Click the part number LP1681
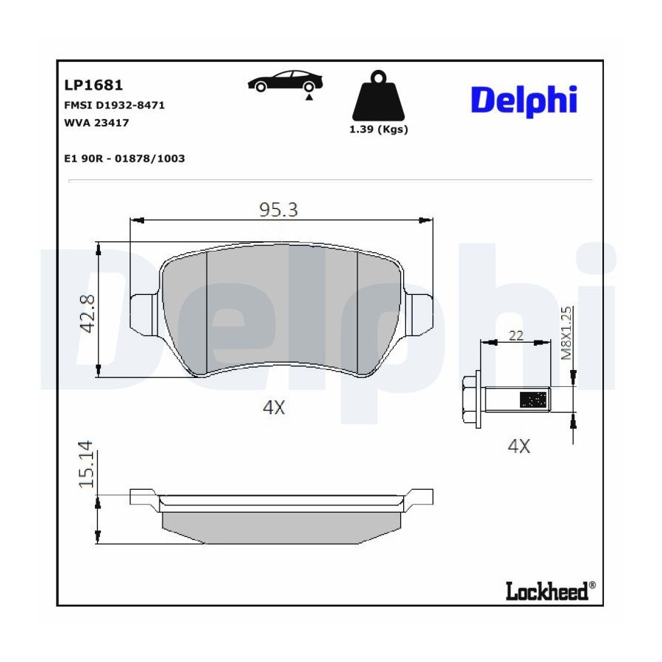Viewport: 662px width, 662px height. pos(93,85)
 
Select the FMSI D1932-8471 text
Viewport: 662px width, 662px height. pos(115,105)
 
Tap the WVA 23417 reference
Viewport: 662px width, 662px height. pos(96,123)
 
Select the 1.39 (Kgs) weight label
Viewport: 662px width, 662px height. pos(379,129)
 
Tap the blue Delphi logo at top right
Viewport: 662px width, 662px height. pos(524,101)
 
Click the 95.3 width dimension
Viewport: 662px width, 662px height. pos(279,210)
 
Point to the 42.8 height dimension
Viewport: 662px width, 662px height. pos(88,313)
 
